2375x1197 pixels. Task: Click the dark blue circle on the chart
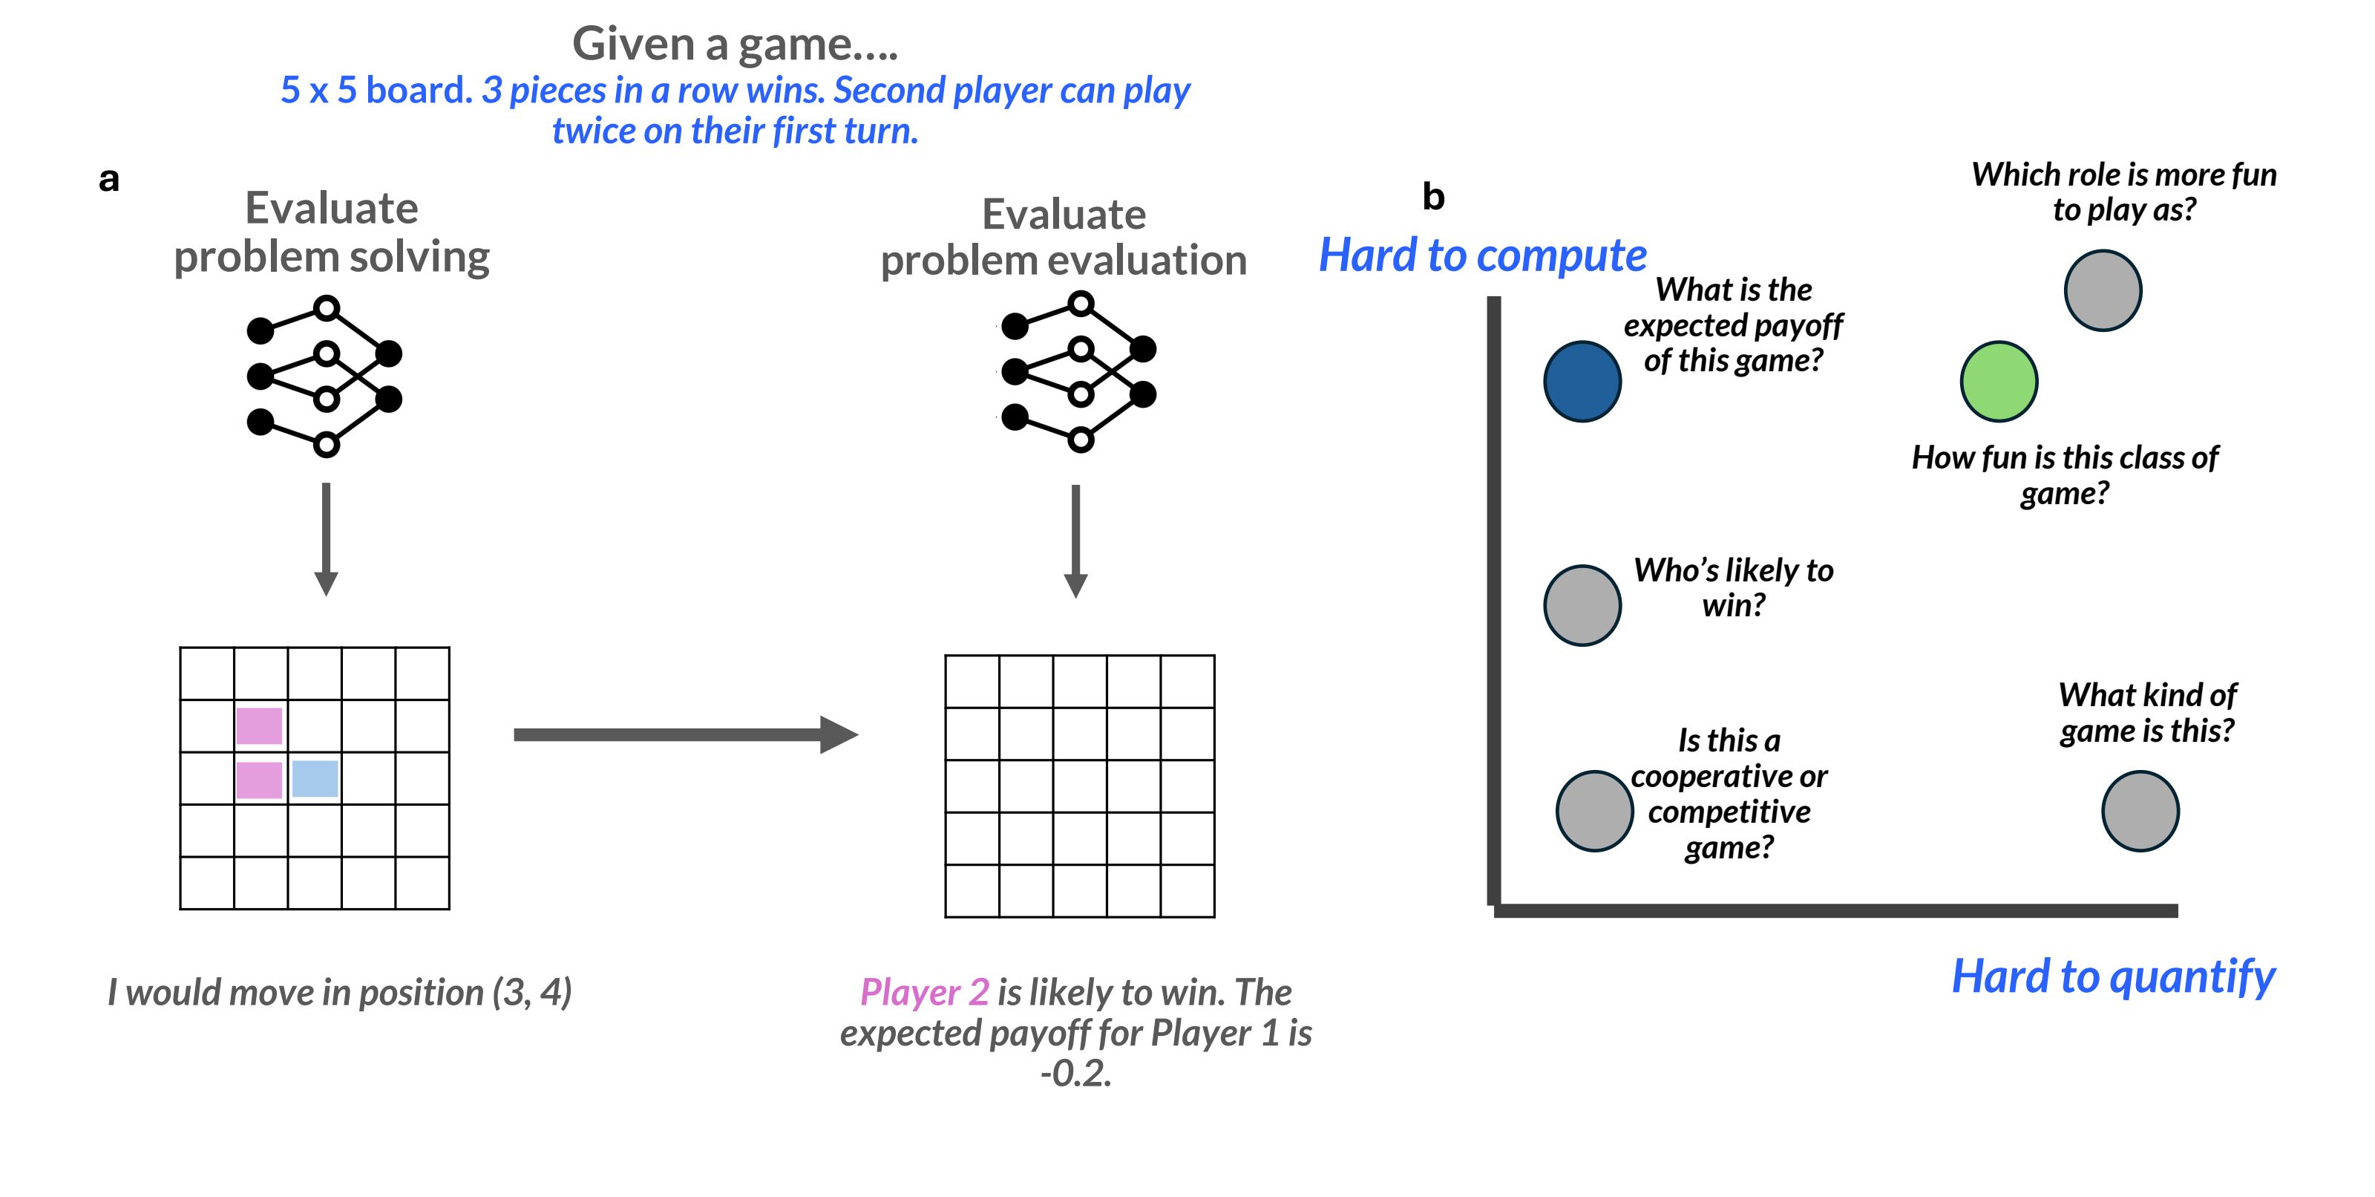click(x=1582, y=382)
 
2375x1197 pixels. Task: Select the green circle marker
click(x=1998, y=382)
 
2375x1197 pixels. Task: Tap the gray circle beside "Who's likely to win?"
click(x=1582, y=605)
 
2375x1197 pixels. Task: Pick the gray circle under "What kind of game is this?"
click(x=2140, y=811)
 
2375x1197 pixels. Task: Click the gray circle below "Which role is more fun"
click(x=2102, y=290)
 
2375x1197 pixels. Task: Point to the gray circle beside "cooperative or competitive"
click(x=1594, y=811)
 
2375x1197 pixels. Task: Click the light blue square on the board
click(x=315, y=778)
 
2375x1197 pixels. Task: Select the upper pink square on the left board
click(x=259, y=725)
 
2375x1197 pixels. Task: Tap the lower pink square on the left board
click(x=259, y=779)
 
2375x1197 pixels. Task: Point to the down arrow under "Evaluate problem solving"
click(x=326, y=540)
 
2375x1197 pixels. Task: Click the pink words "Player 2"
click(x=924, y=992)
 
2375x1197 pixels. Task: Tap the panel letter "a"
click(x=109, y=180)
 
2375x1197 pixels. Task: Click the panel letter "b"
click(x=1432, y=197)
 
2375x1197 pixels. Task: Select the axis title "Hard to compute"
click(x=1481, y=255)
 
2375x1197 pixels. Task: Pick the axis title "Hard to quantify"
click(x=2112, y=976)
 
